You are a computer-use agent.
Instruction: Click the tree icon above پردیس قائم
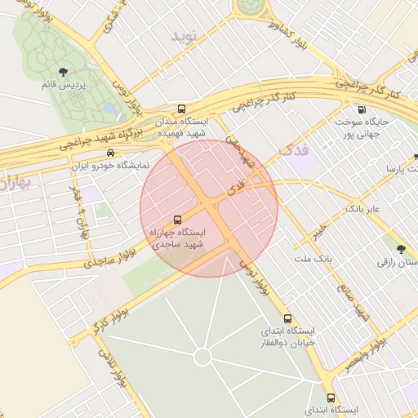tap(64, 73)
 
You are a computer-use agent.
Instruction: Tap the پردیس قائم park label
tap(64, 84)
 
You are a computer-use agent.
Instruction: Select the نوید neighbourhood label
tap(185, 37)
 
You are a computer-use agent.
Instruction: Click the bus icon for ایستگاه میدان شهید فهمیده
tap(180, 109)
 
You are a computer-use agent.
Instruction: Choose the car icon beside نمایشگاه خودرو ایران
tap(110, 153)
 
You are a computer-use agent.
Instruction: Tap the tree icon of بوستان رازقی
tap(401, 249)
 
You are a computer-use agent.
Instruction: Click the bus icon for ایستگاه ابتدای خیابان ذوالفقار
tap(287, 318)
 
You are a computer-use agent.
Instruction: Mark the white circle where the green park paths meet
tap(202, 358)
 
